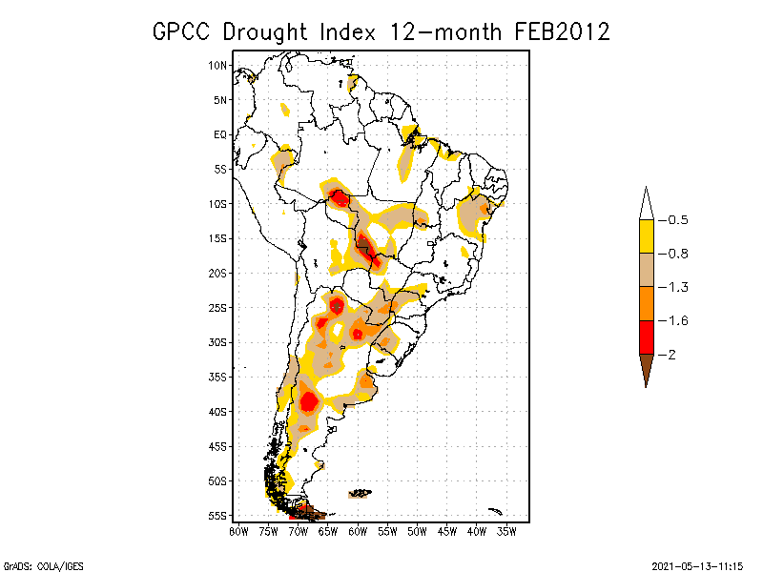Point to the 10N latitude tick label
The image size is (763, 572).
[218, 65]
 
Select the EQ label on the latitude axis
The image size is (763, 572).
[220, 134]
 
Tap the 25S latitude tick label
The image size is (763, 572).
[218, 307]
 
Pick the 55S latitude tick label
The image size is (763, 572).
[218, 515]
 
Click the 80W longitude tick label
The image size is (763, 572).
[237, 530]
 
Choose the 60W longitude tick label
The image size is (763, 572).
[358, 530]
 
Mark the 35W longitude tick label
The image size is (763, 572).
[507, 530]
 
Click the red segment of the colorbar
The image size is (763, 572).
[646, 337]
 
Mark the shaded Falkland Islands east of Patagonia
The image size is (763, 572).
[360, 493]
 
